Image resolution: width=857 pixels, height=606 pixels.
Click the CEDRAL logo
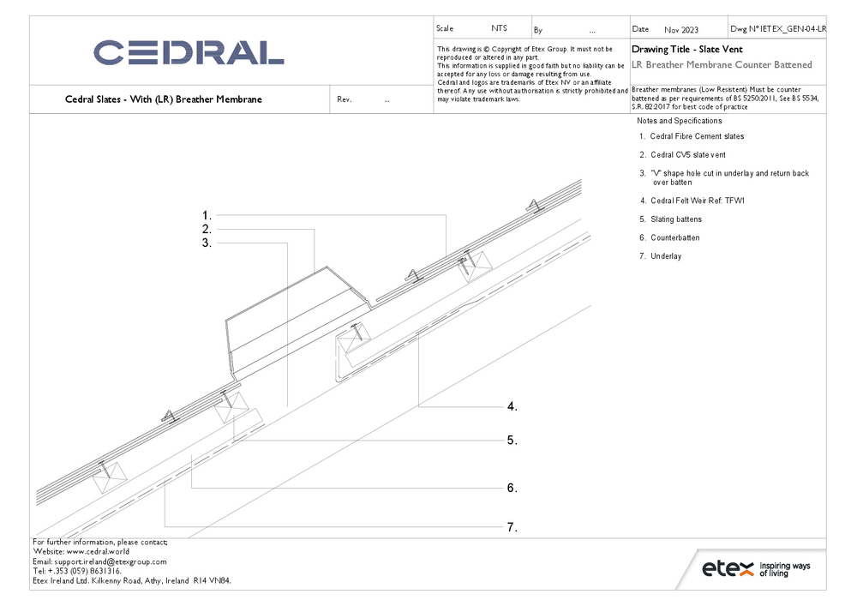point(189,52)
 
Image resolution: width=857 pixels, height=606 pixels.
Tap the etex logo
point(756,568)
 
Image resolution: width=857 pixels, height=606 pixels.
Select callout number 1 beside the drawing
point(207,216)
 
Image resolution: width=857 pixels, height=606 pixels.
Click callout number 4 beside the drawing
point(512,406)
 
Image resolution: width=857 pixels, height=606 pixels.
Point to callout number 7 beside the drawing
point(512,527)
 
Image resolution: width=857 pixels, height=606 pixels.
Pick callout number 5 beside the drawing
point(512,441)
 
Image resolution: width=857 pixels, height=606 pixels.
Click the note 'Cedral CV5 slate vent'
point(688,155)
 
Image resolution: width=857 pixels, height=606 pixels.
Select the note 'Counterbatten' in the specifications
point(675,237)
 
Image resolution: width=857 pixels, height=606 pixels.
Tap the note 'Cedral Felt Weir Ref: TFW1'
point(698,201)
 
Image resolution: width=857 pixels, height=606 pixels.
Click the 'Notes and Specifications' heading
point(680,121)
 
